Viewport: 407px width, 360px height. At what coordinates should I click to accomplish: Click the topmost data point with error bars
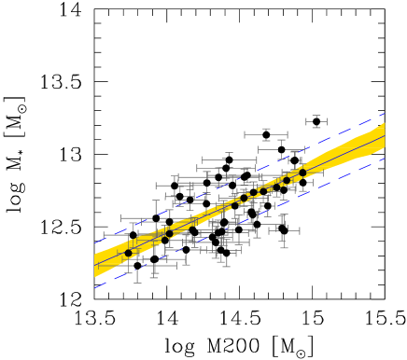pos(316,121)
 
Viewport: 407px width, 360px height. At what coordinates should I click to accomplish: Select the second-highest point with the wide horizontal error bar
pos(266,134)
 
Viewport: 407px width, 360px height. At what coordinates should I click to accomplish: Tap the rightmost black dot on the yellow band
pos(302,173)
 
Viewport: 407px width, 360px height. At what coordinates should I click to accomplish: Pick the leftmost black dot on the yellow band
pos(129,253)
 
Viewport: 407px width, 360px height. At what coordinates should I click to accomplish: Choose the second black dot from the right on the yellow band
pos(287,180)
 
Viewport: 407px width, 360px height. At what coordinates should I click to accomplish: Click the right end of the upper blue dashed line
pos(385,114)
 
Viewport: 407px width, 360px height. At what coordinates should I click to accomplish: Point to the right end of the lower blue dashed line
pos(385,159)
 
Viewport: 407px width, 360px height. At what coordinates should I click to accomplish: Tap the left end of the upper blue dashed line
pos(94,242)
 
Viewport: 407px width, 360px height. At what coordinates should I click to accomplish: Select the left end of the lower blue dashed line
pos(94,287)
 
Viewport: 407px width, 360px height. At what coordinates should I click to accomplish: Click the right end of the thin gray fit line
pos(385,136)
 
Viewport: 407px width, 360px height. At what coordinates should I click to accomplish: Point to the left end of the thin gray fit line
pos(94,265)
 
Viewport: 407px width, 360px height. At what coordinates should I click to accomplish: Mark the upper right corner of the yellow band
pos(385,123)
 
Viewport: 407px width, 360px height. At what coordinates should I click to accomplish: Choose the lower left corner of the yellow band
pos(94,277)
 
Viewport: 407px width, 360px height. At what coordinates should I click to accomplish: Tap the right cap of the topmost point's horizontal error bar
pos(327,121)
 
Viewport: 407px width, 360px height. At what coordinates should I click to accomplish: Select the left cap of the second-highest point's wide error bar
pos(245,134)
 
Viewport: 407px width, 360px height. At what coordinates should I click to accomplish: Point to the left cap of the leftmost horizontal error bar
pos(104,234)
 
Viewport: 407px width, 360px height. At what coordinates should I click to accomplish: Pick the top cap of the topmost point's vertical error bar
pos(316,116)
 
